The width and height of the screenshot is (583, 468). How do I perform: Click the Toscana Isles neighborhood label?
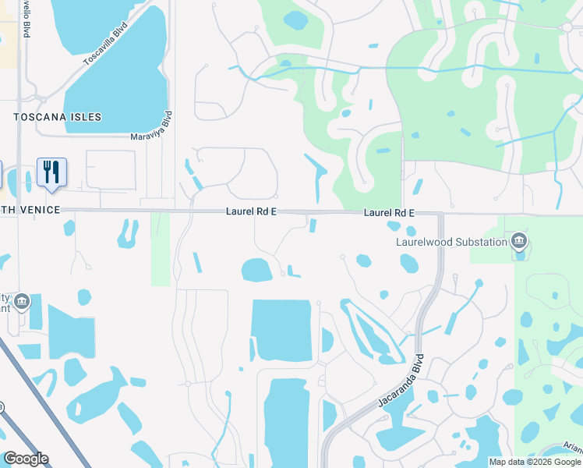point(58,117)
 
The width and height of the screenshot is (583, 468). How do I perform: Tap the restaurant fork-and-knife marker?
point(51,172)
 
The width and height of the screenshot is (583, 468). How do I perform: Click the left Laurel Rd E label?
point(252,211)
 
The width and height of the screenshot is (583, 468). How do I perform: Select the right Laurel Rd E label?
point(388,213)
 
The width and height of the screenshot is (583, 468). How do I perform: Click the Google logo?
point(26,459)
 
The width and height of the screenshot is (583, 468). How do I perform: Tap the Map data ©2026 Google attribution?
point(535,462)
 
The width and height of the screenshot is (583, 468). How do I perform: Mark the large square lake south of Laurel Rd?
point(281,330)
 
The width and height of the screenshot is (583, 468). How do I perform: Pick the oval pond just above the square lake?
point(256,270)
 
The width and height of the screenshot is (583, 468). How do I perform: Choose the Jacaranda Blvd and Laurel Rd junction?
point(440,214)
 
